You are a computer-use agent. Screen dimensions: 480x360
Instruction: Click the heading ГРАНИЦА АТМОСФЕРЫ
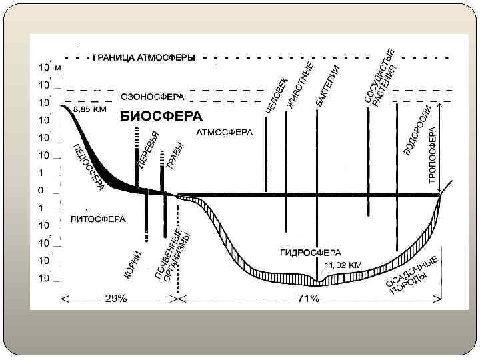[143, 57]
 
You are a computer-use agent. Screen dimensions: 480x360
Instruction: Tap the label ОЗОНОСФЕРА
[152, 96]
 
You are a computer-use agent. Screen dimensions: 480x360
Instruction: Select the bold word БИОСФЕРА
[161, 116]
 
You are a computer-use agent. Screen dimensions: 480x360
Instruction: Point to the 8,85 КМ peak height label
[90, 109]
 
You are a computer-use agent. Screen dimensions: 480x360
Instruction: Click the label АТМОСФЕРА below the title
[225, 133]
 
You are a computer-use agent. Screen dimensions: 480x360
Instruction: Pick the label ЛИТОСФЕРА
[97, 218]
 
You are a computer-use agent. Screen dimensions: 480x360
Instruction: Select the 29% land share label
[115, 299]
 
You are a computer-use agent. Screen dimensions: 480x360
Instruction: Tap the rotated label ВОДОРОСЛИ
[417, 131]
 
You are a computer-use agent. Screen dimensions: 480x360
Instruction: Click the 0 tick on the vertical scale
[41, 190]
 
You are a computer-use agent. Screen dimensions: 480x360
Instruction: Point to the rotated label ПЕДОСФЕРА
[88, 167]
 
